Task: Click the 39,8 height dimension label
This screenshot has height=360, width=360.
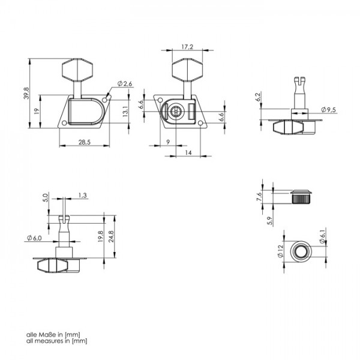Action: [x=26, y=93]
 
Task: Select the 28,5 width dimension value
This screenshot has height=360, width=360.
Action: [x=85, y=142]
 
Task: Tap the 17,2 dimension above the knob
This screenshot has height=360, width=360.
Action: [x=187, y=47]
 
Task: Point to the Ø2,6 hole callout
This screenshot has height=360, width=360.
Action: [x=125, y=84]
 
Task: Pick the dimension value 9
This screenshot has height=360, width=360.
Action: [x=168, y=142]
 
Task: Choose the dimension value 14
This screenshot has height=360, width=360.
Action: [x=188, y=152]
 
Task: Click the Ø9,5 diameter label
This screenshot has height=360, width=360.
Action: [x=328, y=110]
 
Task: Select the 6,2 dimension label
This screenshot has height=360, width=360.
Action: [x=258, y=97]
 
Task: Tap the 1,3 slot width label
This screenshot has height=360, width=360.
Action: [x=82, y=196]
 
